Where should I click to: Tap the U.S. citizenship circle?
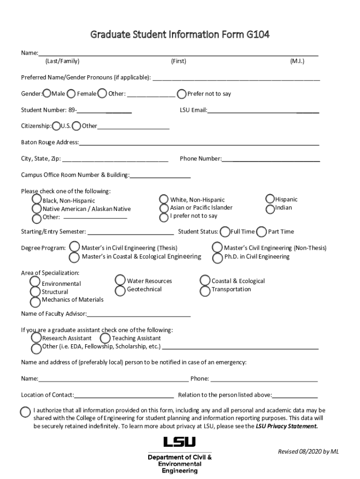[x=57, y=126]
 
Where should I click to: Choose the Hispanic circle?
[x=270, y=199]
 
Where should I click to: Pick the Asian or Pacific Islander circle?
[x=164, y=208]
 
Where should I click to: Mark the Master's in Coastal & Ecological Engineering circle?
[x=74, y=257]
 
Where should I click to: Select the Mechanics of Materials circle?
[x=36, y=300]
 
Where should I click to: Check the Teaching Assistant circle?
[x=105, y=338]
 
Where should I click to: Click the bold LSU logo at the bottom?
[x=180, y=442]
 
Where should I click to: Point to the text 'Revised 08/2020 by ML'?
[x=308, y=451]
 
